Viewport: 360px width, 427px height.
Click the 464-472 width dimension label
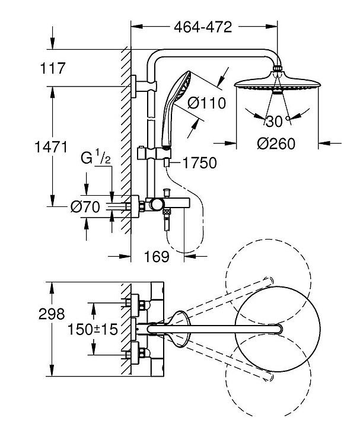203,27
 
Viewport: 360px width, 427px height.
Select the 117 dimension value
53,68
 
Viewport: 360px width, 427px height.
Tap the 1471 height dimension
51,147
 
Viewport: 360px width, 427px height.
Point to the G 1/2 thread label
96,158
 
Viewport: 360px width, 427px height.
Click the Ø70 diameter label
85,207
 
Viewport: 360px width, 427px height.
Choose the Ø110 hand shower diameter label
207,103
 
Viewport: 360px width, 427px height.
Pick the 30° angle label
277,121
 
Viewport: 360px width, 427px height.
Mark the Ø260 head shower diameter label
276,144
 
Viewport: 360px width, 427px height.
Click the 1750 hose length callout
200,163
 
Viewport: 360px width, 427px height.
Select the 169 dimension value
157,257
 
